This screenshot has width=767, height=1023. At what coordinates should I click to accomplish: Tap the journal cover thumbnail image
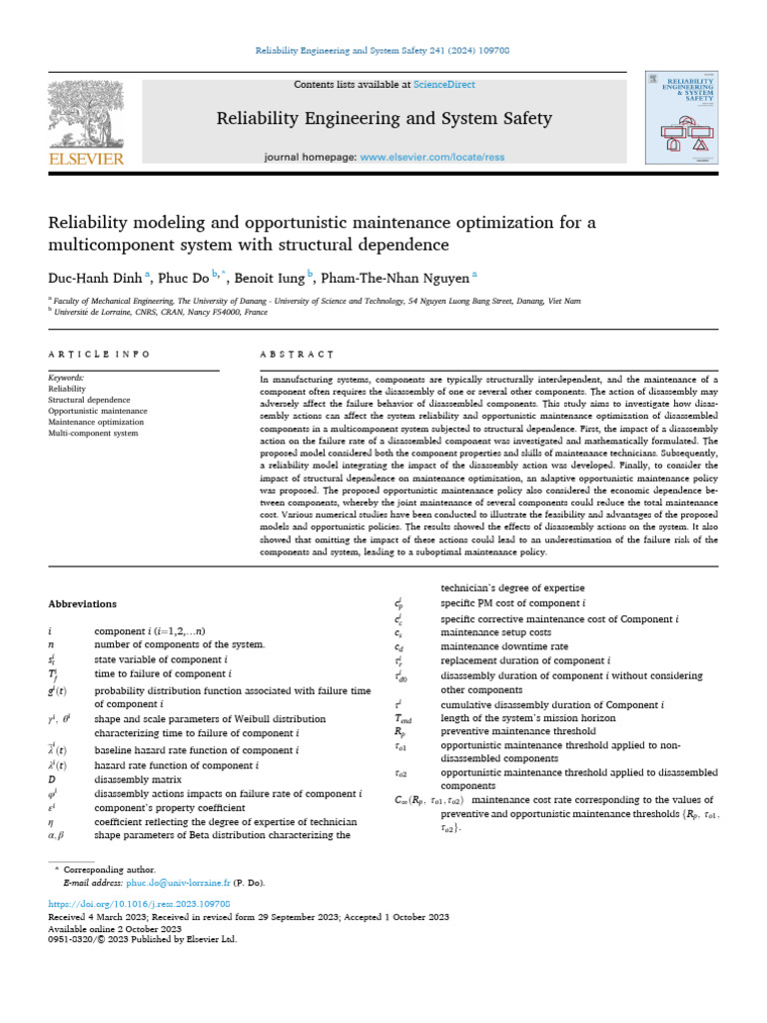[x=682, y=118]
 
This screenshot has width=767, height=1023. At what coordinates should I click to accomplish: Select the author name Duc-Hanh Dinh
[x=95, y=278]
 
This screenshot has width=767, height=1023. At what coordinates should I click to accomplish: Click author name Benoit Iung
[x=270, y=278]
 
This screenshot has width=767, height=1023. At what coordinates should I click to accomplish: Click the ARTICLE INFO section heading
[x=99, y=355]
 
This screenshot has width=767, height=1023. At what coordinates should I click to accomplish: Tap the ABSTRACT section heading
[x=296, y=355]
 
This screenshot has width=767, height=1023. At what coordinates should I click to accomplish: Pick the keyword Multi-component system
[x=93, y=434]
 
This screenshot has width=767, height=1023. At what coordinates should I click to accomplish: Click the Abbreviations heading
[x=82, y=603]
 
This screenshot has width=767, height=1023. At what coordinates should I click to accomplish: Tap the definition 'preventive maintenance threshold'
[x=518, y=730]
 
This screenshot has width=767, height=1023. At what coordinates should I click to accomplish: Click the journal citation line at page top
[x=383, y=51]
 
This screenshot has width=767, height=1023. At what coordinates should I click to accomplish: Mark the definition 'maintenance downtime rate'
[x=496, y=646]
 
